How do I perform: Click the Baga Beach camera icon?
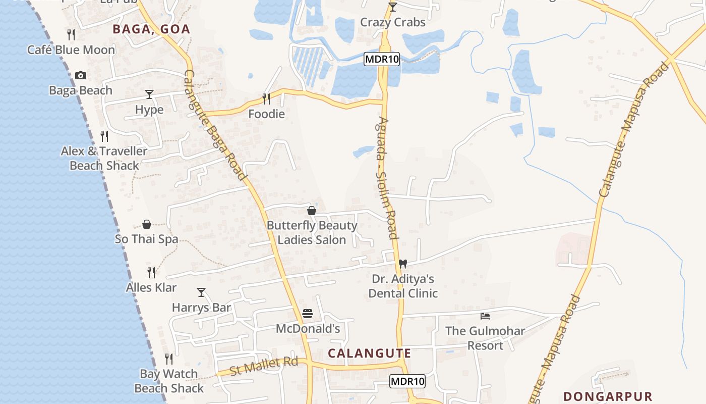pyautogui.click(x=80, y=76)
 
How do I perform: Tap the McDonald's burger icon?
pyautogui.click(x=308, y=314)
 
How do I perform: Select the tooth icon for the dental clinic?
pyautogui.click(x=402, y=264)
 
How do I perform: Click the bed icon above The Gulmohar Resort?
pyautogui.click(x=485, y=316)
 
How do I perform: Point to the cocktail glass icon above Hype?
pyautogui.click(x=149, y=94)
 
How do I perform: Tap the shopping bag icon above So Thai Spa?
pyautogui.click(x=147, y=224)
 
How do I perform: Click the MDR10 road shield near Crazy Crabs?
pyautogui.click(x=382, y=59)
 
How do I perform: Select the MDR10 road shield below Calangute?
pyautogui.click(x=407, y=381)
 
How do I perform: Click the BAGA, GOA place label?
pyautogui.click(x=151, y=29)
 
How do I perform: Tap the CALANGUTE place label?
pyautogui.click(x=370, y=353)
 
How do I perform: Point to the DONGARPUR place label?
pyautogui.click(x=608, y=396)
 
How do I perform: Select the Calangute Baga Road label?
pyautogui.click(x=215, y=125)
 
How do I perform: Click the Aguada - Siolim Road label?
pyautogui.click(x=387, y=178)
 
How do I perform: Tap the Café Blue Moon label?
pyautogui.click(x=71, y=50)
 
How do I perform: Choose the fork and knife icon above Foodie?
pyautogui.click(x=266, y=99)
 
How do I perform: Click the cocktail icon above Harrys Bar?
pyautogui.click(x=201, y=292)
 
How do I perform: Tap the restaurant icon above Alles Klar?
pyautogui.click(x=151, y=273)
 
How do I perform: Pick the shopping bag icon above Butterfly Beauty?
pyautogui.click(x=312, y=211)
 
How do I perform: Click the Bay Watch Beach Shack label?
pyautogui.click(x=169, y=381)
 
